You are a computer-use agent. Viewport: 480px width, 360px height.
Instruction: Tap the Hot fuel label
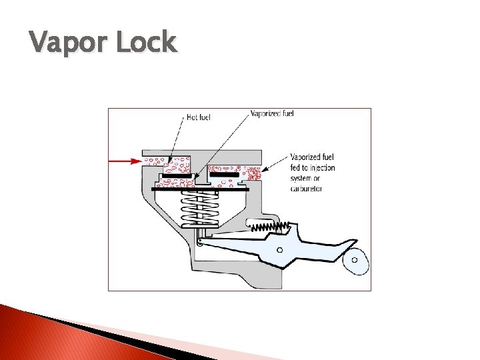coord(199,117)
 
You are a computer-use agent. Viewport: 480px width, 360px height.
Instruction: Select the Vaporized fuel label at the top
coord(271,113)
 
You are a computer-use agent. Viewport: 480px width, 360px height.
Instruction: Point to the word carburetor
coord(307,189)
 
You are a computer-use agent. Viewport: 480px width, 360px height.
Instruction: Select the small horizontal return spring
coord(266,227)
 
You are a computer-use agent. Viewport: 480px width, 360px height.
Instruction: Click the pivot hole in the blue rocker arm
coord(280,250)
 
